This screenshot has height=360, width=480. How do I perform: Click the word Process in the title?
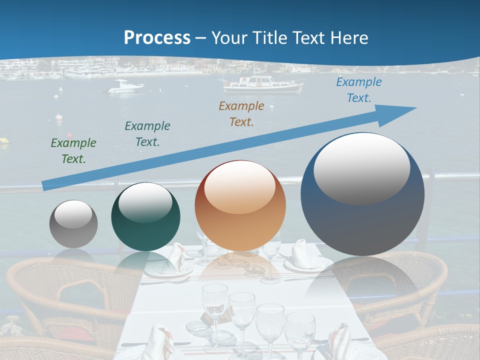tap(157, 37)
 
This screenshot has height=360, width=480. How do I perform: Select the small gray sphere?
tap(73, 224)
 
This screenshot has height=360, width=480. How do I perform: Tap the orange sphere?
tap(240, 206)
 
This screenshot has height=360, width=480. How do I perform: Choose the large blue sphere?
tap(362, 194)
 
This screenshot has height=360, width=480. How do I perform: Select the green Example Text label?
tap(73, 151)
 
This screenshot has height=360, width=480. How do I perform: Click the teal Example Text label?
tap(147, 134)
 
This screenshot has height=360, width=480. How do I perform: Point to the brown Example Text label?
tap(241, 114)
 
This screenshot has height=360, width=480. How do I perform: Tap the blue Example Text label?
tap(358, 90)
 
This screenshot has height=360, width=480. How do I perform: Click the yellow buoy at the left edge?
tap(4, 141)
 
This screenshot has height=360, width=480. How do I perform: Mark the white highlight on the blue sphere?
tap(362, 168)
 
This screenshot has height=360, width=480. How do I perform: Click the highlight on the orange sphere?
tap(239, 188)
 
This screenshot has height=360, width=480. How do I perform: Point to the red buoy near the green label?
tap(69, 135)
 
